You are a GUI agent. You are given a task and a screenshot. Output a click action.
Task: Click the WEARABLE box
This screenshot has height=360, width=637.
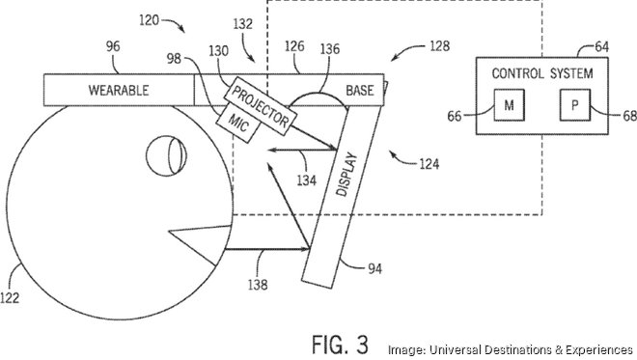[x=118, y=90]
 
